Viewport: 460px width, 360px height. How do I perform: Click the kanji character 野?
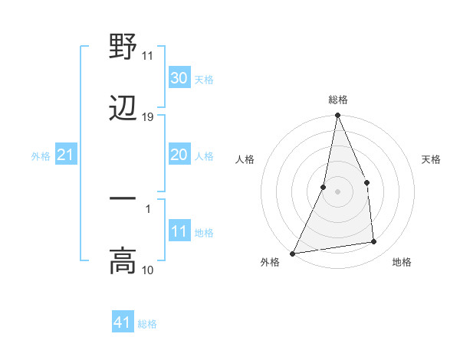[123, 47]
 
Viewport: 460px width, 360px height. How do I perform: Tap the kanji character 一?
[123, 198]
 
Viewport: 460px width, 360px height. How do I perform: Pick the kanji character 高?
[123, 260]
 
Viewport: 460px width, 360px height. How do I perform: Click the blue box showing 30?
[179, 78]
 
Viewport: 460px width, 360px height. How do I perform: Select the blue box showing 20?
[179, 155]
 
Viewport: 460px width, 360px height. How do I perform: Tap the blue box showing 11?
[179, 231]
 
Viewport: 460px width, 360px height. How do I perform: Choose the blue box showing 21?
[66, 155]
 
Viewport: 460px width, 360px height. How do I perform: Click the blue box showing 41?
[123, 322]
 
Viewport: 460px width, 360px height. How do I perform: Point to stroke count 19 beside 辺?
[148, 117]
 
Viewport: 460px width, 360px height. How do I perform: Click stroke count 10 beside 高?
[148, 270]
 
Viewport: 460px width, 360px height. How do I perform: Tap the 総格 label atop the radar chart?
[338, 100]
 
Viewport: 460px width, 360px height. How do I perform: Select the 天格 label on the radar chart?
[432, 159]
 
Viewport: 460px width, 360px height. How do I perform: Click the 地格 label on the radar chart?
[402, 262]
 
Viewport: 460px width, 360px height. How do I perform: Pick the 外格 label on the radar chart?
[270, 262]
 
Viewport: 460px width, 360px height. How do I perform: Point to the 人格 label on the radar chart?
[245, 159]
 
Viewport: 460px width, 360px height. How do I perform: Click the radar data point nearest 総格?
[337, 116]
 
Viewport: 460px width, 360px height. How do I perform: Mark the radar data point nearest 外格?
[292, 253]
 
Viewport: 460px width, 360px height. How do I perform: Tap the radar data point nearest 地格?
[374, 242]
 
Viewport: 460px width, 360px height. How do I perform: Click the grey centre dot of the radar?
[337, 191]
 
